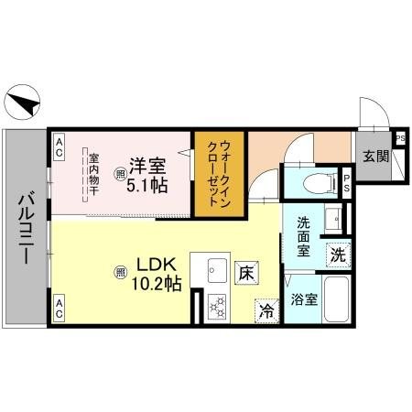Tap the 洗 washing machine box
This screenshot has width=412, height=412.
click(338, 255)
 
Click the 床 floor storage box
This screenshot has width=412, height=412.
click(245, 272)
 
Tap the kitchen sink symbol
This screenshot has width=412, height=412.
click(220, 271)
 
